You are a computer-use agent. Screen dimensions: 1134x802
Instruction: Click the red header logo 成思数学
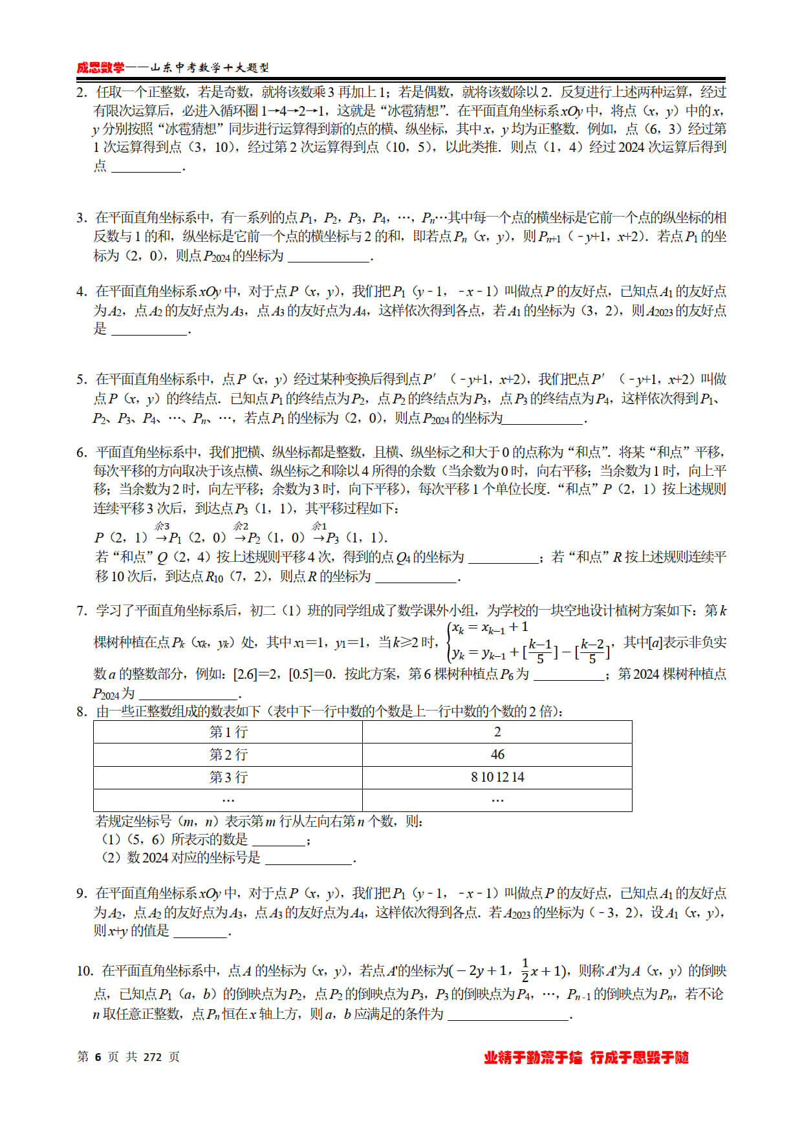coord(100,67)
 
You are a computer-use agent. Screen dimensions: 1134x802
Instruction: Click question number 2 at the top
coord(81,92)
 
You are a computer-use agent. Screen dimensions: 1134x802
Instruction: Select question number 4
coord(81,292)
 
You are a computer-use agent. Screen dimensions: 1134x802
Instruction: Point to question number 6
coord(81,453)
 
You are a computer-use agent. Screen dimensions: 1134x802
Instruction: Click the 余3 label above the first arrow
coord(162,526)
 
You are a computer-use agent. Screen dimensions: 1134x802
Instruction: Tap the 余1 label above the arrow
coord(320,526)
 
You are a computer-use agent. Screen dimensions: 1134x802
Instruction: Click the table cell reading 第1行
coord(228,732)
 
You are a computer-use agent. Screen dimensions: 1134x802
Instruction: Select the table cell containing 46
coord(497,754)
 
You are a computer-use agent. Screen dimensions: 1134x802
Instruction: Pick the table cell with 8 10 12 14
coord(497,777)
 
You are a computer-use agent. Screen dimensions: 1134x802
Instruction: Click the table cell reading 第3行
coord(228,777)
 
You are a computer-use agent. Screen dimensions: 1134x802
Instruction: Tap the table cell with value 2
coord(497,732)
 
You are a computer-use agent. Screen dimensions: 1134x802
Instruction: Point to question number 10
coord(85,971)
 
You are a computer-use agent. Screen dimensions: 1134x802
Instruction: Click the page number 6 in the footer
coord(98,1057)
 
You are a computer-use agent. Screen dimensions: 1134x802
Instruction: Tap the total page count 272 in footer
coord(153,1057)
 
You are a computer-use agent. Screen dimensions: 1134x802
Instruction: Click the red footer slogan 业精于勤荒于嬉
coord(533,1058)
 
